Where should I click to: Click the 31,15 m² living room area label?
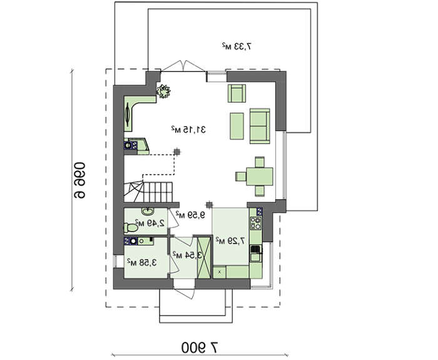tap(188, 130)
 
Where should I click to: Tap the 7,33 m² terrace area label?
tap(237, 46)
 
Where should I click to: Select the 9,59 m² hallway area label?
tap(190, 215)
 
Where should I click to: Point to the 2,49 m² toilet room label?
tap(150, 223)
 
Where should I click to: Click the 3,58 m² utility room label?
tap(142, 262)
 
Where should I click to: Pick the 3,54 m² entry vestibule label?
tap(187, 255)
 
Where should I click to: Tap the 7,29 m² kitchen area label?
tap(230, 240)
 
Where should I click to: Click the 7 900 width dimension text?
tap(200, 347)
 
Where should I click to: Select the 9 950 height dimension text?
tap(79, 180)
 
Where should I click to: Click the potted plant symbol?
tap(163, 91)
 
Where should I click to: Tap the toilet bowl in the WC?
tap(131, 227)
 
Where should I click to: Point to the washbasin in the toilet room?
tap(147, 212)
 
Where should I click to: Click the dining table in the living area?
tap(260, 177)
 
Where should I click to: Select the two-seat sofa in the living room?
tap(260, 126)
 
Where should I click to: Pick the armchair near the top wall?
tap(237, 93)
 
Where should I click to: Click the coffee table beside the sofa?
tap(237, 126)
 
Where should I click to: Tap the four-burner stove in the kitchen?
tap(255, 223)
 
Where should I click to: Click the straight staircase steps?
tap(158, 192)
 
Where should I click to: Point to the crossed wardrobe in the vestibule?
tap(204, 258)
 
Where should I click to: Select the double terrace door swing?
tap(183, 66)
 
